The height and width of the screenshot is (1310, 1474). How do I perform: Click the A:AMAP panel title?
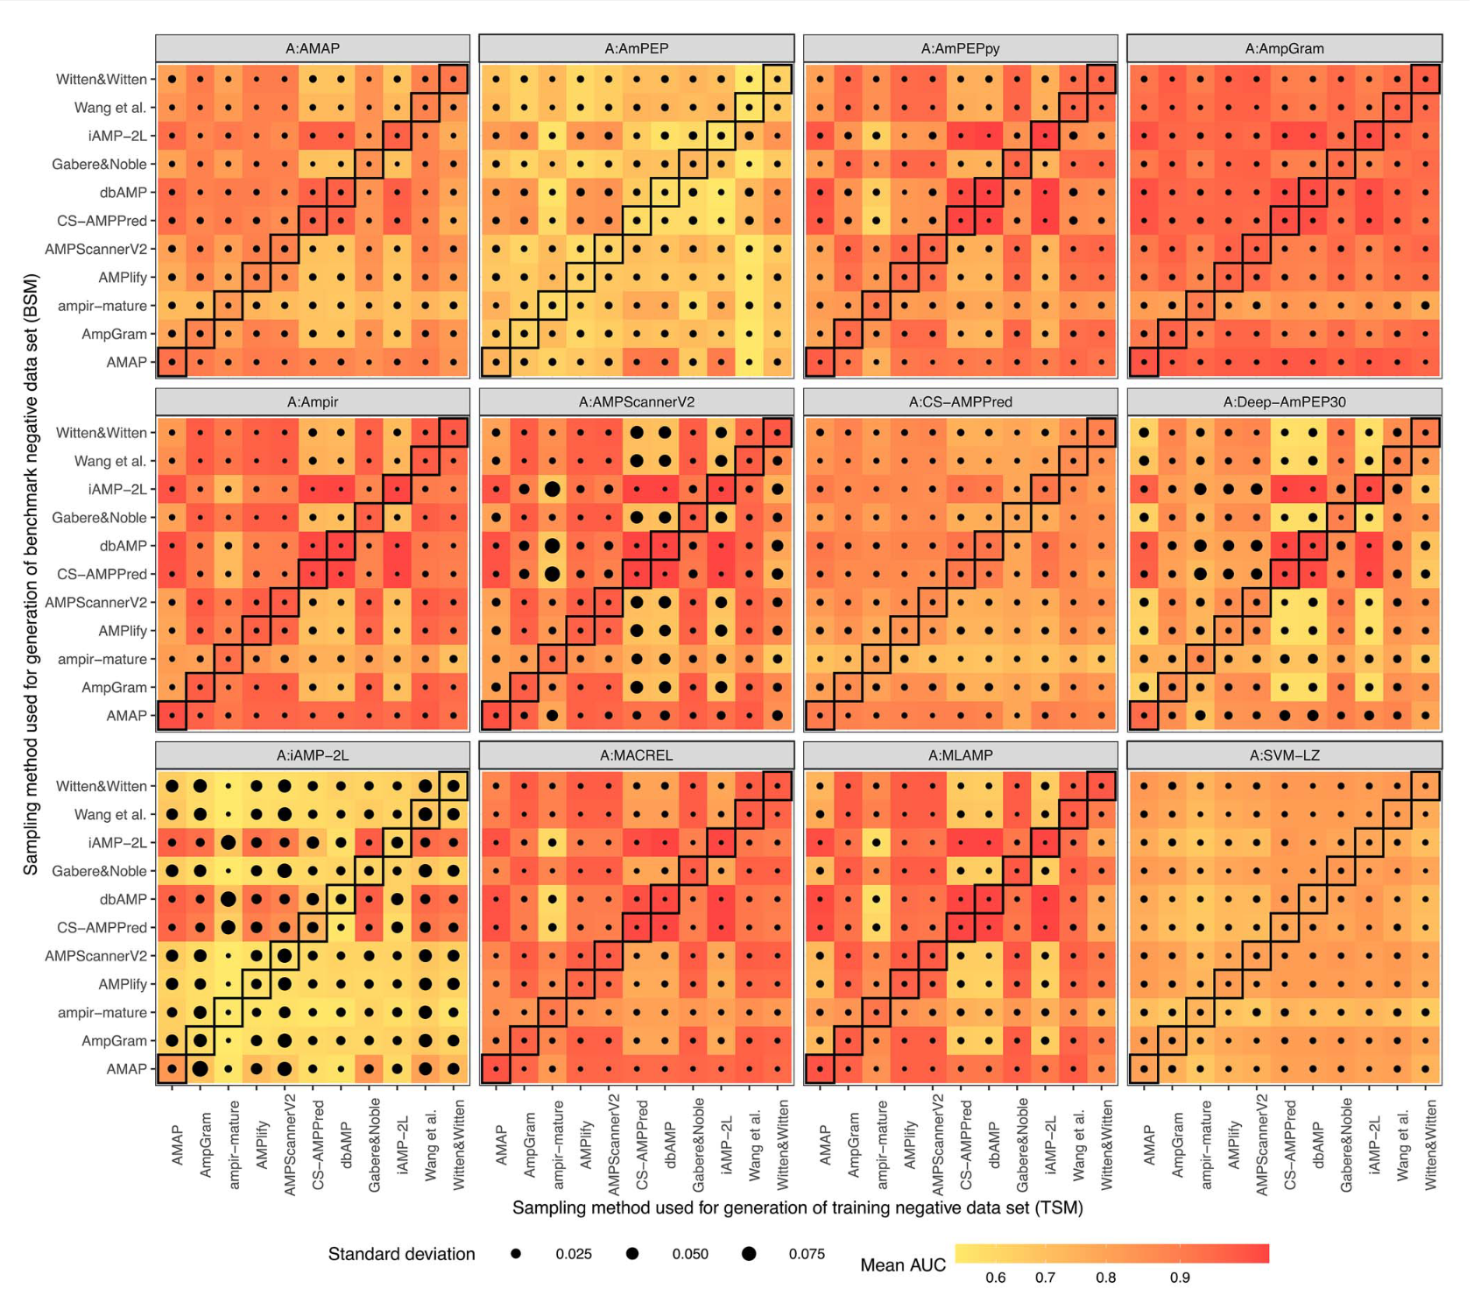coord(313,49)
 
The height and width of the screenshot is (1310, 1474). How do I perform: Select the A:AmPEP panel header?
coord(636,49)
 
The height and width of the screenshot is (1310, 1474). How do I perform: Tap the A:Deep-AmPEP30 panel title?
coord(1284,402)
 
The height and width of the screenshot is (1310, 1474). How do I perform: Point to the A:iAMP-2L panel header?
coord(313,755)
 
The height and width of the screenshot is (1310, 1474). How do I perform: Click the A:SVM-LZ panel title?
coord(1284,755)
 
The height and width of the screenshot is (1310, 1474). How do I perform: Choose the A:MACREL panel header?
coord(636,755)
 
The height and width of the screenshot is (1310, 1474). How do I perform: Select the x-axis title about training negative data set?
coord(797,1208)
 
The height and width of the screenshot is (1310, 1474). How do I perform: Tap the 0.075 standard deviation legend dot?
coord(749,1254)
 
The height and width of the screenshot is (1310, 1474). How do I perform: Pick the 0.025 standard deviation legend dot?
coord(516,1254)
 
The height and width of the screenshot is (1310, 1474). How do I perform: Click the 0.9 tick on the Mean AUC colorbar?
coord(1180,1278)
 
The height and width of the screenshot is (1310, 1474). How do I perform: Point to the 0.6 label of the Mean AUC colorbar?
coord(995,1278)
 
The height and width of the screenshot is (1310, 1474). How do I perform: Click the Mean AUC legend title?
coord(902,1265)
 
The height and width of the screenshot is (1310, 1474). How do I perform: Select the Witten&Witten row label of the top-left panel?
coord(102,80)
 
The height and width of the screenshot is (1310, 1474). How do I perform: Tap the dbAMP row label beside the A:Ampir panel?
coord(123,546)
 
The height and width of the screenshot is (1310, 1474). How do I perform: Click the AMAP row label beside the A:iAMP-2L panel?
coord(126,1069)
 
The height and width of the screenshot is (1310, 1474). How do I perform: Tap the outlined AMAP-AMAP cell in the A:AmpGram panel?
coord(1144,362)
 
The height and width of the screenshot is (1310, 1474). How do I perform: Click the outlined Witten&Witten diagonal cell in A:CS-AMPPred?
coord(1102,433)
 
